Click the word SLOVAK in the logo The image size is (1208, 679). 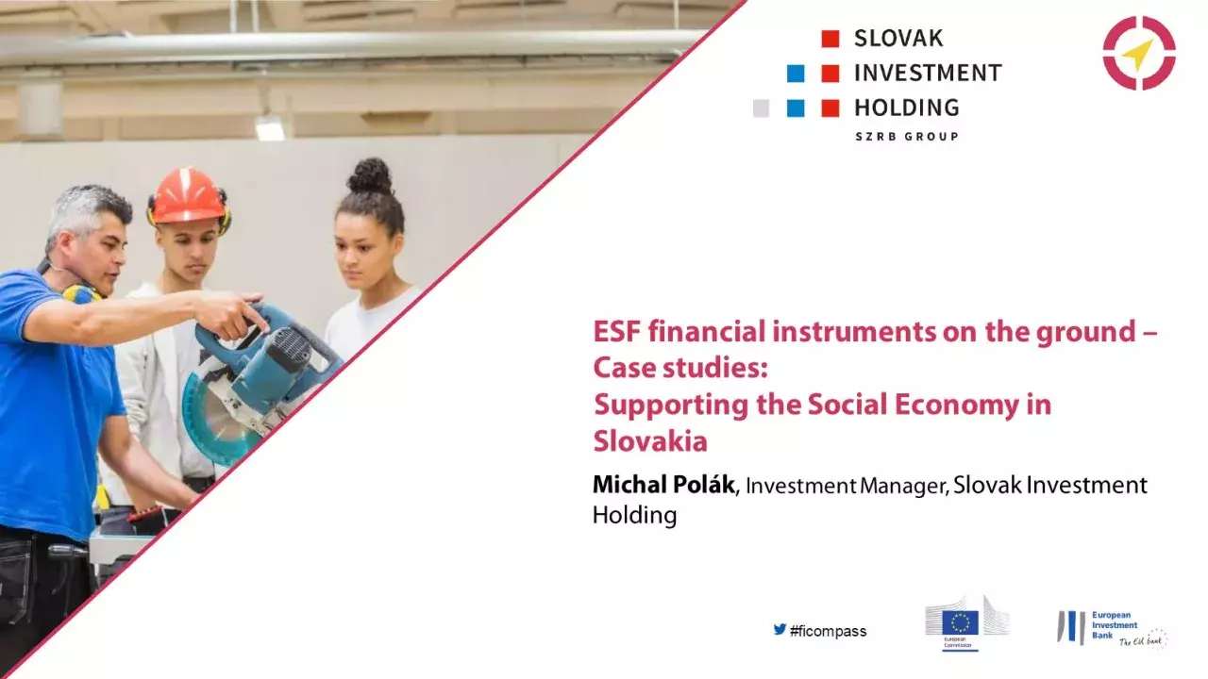[898, 39]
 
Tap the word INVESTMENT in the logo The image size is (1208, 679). [927, 73]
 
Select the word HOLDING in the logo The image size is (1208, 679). [906, 108]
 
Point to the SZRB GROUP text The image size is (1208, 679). [906, 137]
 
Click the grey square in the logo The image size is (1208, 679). [761, 108]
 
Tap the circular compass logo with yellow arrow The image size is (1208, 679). [1139, 53]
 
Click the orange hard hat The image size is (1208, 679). [188, 195]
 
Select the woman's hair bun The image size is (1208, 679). [370, 175]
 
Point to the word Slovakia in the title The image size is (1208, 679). [649, 440]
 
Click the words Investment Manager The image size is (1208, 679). [847, 487]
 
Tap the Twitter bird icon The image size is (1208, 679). [780, 629]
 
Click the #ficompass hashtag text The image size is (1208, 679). [828, 631]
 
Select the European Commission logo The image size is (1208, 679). [966, 622]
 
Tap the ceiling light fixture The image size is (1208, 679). [270, 127]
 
